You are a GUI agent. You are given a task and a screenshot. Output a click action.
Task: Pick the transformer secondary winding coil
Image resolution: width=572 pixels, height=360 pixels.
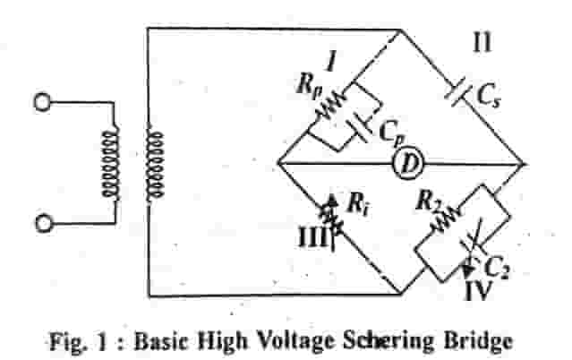point(158,161)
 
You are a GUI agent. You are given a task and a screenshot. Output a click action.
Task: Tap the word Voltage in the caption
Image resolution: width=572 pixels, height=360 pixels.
point(271,338)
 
